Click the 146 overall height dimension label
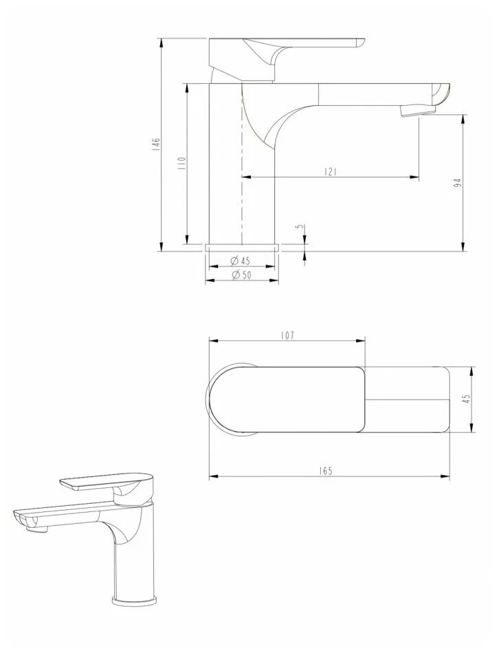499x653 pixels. [156, 144]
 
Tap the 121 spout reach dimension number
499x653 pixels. [330, 172]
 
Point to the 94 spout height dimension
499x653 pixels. [458, 183]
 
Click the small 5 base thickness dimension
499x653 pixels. [298, 227]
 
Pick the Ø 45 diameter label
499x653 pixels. [241, 261]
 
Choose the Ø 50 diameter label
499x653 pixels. [241, 275]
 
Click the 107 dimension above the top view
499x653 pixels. [287, 335]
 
